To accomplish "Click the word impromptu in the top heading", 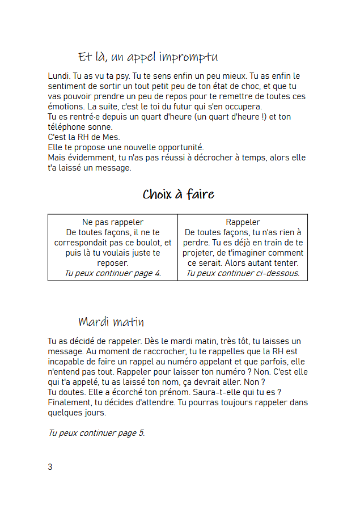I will point(189,58).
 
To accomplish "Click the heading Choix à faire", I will point(178,195).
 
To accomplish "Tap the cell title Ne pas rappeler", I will point(113,222).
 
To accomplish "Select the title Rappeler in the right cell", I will point(243,222).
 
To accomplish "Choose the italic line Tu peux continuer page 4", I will point(113,273).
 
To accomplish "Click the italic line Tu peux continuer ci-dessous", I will point(243,273).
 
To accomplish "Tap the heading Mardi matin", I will point(111,322).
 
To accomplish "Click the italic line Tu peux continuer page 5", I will point(96,433).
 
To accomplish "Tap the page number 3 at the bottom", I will point(50,467).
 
